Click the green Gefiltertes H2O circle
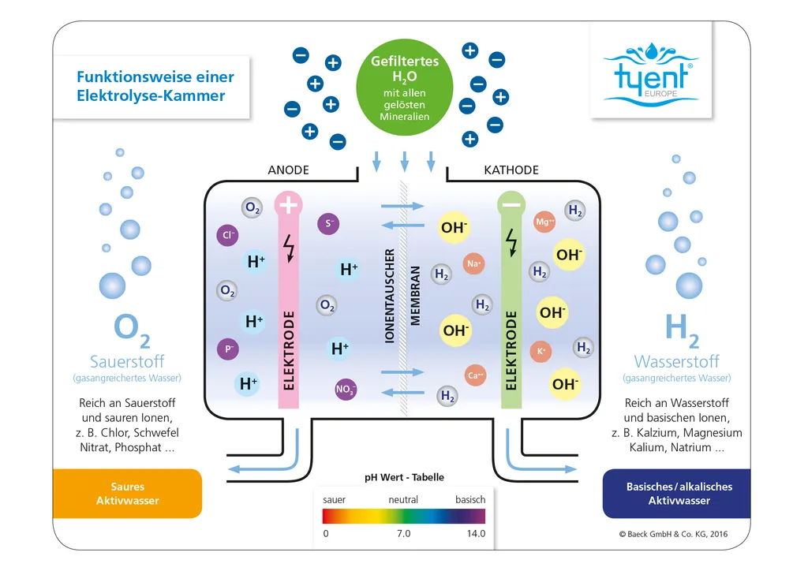coord(405,88)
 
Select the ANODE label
coord(289,170)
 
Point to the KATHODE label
coord(511,170)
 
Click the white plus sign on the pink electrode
coord(289,206)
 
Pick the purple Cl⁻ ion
coord(228,235)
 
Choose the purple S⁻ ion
coord(329,224)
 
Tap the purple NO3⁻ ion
coord(346,389)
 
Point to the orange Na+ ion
coord(474,264)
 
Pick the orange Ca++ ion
coord(476,375)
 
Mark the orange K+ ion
coord(541,351)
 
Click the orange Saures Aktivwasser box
coord(127,494)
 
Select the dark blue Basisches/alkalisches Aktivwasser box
coord(679,494)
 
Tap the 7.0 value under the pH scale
coord(403,534)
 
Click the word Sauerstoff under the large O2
coord(127,362)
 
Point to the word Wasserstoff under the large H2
coord(677,362)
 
